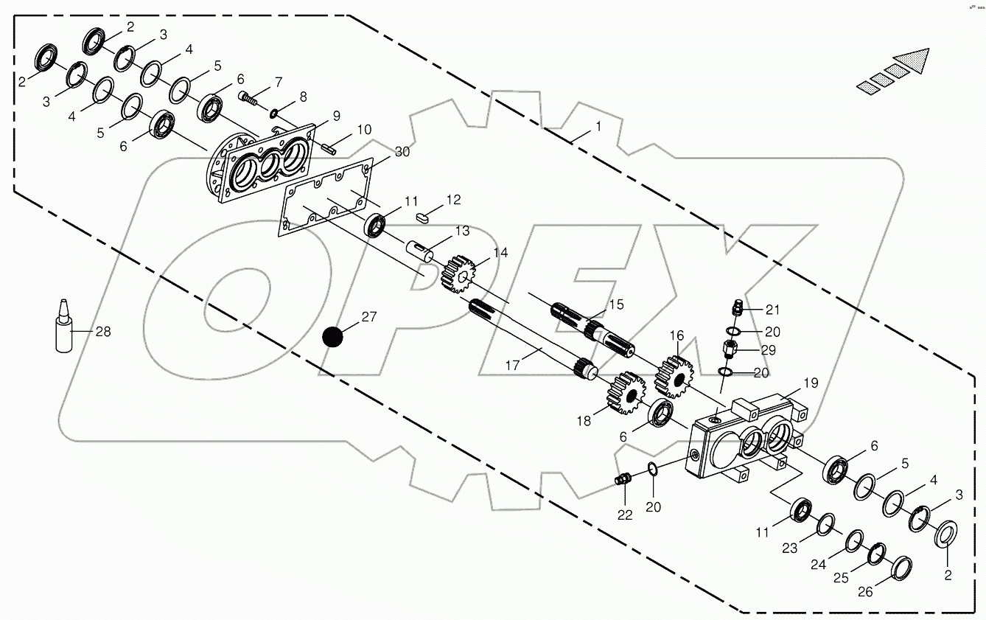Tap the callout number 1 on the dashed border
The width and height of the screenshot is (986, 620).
[598, 127]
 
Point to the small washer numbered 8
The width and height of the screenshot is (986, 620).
[273, 113]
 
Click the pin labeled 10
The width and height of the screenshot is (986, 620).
[329, 147]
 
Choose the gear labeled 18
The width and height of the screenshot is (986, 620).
[623, 391]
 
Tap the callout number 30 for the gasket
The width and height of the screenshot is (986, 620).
[402, 152]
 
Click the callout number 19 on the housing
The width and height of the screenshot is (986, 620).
[810, 383]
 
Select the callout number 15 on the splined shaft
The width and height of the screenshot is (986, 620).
[615, 304]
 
